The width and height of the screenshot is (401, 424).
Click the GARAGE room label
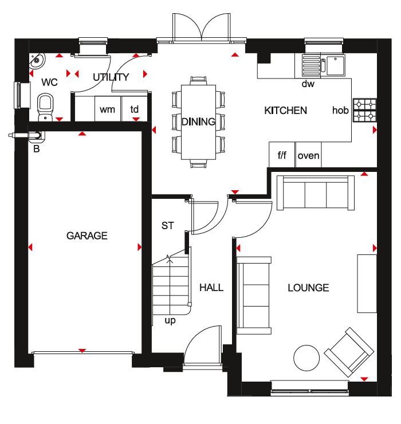tap(87, 235)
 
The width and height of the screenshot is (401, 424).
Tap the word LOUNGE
tap(308, 288)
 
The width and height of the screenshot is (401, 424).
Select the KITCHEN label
tap(285, 111)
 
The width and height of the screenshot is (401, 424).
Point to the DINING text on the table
tap(198, 121)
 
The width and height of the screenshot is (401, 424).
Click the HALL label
tap(211, 288)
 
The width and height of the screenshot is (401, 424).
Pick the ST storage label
tap(168, 226)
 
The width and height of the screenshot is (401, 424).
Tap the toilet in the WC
tap(45, 107)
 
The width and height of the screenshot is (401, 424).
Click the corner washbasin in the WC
tap(37, 60)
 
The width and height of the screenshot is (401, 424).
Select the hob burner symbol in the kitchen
tap(365, 110)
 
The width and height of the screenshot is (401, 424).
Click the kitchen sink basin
tap(336, 65)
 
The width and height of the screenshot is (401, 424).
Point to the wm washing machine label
tap(107, 110)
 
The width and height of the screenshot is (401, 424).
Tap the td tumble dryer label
tap(135, 109)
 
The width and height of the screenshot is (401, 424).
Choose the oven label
tap(309, 156)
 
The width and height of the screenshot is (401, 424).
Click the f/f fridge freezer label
tap(282, 155)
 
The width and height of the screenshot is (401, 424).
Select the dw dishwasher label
tap(308, 84)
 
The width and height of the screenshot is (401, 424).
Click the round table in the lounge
tap(306, 358)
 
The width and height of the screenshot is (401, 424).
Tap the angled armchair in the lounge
tap(349, 352)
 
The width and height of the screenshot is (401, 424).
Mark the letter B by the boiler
tap(37, 149)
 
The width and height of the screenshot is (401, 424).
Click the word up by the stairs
tap(170, 320)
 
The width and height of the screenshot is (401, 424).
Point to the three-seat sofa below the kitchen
tap(316, 193)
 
